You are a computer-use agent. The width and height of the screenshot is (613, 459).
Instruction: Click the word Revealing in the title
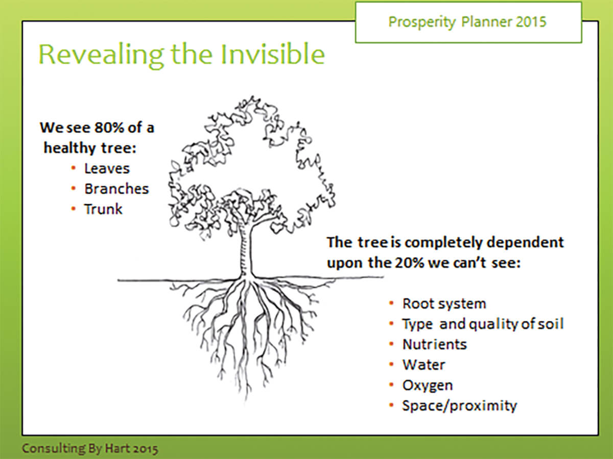click(101, 55)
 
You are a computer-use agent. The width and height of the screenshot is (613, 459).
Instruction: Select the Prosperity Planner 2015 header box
click(468, 22)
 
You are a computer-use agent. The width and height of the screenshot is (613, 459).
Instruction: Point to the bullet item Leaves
click(107, 168)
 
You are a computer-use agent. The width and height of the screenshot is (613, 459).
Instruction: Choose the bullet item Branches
click(116, 189)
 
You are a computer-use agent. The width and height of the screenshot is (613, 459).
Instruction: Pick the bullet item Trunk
click(103, 209)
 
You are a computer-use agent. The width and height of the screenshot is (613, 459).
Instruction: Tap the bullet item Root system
click(444, 303)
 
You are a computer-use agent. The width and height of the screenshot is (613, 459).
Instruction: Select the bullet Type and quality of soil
click(483, 324)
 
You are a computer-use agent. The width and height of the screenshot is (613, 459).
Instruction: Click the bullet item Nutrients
click(435, 344)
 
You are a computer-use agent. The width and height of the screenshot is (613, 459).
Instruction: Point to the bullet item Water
click(424, 365)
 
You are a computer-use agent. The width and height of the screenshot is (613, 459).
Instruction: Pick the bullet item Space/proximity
click(459, 406)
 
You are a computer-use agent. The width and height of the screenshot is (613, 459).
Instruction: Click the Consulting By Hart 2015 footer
click(90, 449)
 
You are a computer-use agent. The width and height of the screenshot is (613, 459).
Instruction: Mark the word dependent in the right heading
click(525, 242)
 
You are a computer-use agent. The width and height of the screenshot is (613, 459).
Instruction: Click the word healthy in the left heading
click(70, 148)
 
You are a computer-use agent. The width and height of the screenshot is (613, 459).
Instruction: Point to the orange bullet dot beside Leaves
click(74, 168)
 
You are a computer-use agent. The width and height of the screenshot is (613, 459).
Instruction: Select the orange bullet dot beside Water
click(391, 364)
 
